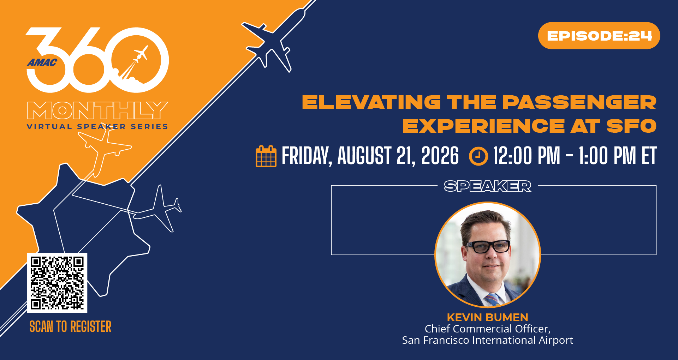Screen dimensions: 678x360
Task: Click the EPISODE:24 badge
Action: [x=599, y=36]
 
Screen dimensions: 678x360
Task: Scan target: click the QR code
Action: [x=57, y=283]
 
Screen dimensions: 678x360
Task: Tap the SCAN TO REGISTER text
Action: [x=70, y=326]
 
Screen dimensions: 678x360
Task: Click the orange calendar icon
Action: [x=266, y=156]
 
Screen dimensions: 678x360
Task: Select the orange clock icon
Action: [x=478, y=156]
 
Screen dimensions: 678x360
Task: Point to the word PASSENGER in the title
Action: [x=579, y=102]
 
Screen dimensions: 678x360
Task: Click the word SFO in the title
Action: [x=631, y=126]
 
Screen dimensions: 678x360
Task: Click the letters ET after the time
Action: [x=649, y=156]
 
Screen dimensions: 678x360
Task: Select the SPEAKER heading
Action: [x=487, y=186]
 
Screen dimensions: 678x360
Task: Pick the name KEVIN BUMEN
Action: [x=487, y=317]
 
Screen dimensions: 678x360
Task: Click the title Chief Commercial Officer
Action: [x=487, y=329]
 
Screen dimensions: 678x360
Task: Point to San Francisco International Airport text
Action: [x=487, y=340]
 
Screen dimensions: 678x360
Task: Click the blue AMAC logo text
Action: [x=42, y=63]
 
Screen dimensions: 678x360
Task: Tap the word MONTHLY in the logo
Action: [x=97, y=110]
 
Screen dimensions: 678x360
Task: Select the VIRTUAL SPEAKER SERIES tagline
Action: [x=97, y=127]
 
